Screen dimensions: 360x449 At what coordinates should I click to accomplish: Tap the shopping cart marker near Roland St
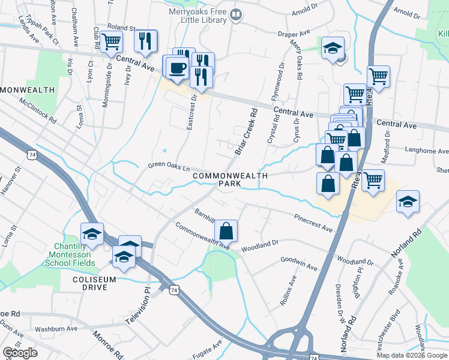pos(111,43)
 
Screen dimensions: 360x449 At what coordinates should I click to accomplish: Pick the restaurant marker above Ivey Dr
pos(145,41)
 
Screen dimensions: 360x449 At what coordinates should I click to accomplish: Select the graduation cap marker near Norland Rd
pos(408,202)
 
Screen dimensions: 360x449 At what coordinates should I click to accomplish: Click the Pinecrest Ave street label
pos(313,223)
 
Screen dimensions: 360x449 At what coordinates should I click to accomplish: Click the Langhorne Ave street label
pos(427,151)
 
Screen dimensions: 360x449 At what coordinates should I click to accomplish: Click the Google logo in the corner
pos(20,353)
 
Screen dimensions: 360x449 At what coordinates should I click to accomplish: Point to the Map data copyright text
pos(412,355)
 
